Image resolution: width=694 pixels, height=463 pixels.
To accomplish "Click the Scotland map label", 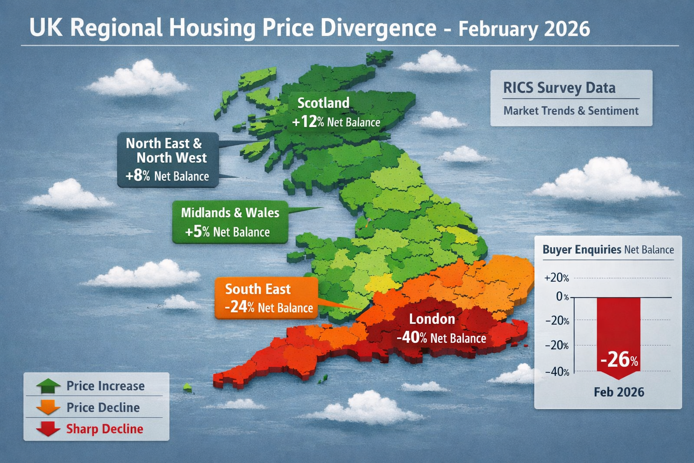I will [324, 103].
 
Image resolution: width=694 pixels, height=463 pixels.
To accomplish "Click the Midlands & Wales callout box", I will [230, 222].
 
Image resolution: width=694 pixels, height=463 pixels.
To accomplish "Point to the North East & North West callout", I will [168, 160].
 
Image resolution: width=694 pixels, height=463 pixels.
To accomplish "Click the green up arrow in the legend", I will [48, 386].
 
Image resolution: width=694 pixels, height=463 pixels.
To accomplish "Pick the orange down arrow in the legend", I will [48, 407].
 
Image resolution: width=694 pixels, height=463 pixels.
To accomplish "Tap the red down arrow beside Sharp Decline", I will [48, 429].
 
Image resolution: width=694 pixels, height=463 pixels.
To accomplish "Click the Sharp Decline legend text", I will [105, 429].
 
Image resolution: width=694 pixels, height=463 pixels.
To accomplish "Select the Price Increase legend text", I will [106, 386].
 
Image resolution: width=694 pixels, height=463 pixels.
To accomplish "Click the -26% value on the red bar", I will [619, 359].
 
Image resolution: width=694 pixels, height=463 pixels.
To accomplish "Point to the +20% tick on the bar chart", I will [557, 278].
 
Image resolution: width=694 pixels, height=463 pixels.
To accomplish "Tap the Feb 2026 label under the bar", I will [619, 392].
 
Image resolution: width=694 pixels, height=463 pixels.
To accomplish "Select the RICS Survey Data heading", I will [559, 88].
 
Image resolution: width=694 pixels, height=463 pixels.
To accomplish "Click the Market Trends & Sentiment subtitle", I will [571, 111].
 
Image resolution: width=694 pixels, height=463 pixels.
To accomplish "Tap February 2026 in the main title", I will [524, 29].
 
